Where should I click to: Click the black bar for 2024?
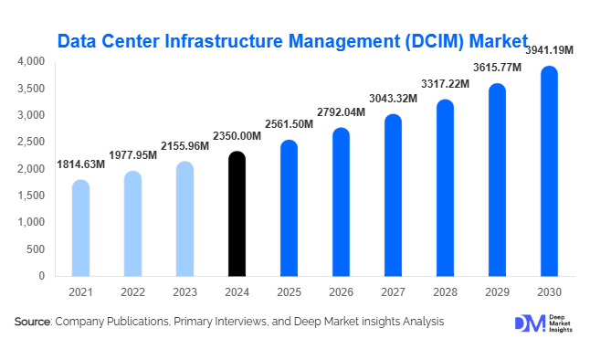236,215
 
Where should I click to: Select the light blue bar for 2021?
80,228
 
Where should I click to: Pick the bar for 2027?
392,196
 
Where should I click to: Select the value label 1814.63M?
81,164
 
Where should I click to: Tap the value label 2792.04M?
340,111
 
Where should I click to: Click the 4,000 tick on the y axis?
31,61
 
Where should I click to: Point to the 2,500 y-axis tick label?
31,142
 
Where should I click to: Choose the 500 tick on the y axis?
36,249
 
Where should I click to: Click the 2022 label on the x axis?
132,291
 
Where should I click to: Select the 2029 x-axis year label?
496,291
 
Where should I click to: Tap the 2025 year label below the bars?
288,291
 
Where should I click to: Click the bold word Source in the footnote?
32,322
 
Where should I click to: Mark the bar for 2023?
184,219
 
